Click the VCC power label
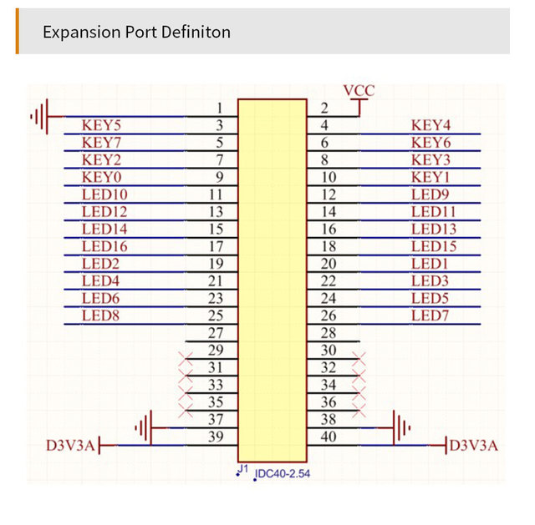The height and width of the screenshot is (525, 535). pos(359,90)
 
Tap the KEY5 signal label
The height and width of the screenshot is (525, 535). pos(102,125)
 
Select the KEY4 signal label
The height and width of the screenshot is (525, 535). pos(431,125)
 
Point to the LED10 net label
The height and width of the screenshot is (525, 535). pos(104,194)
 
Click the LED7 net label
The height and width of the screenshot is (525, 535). pos(431,316)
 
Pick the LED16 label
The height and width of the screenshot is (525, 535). pos(104,246)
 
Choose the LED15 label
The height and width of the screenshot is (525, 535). pos(434,246)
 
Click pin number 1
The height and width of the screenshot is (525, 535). pos(219,109)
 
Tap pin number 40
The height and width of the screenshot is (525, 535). pos(328,437)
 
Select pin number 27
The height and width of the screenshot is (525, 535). pos(216,333)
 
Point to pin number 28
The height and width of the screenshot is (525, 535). pos(328,333)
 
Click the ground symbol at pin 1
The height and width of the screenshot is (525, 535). pos(42,116)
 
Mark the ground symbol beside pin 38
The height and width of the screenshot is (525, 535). pos(401,428)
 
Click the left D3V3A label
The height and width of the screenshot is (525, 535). pos(69,446)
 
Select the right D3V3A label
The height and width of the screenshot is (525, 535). pos(474,446)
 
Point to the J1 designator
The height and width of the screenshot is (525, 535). pos(243,470)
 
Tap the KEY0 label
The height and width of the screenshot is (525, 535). pos(102,177)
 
